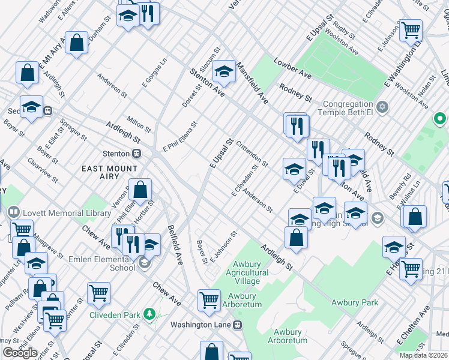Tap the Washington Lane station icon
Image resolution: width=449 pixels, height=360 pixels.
coord(238,325)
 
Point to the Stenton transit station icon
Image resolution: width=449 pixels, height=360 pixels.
coord(137,153)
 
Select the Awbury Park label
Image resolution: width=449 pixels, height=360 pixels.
coord(355,302)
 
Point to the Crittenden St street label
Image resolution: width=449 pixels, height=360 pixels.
coord(252,153)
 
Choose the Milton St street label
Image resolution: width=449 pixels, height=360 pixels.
coord(139,124)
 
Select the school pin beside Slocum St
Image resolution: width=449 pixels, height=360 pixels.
coord(224,72)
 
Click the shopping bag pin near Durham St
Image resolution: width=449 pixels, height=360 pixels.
coord(77,43)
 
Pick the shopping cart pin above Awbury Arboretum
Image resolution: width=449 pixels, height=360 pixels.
coord(209,299)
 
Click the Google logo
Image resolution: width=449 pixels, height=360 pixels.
coord(20,353)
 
